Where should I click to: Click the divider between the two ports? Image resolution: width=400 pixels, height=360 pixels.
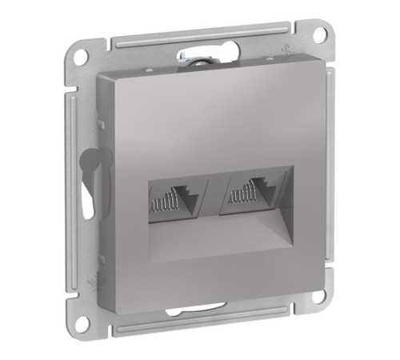[x=213, y=194]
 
